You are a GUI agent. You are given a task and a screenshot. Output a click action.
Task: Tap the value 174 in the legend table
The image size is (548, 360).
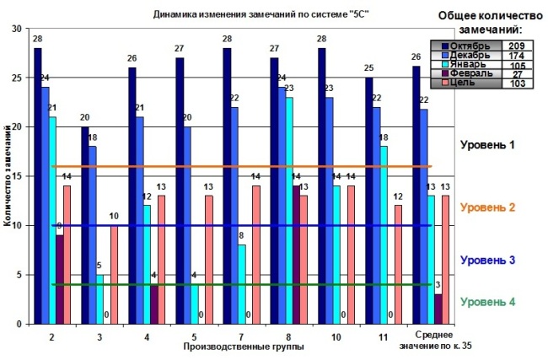point(516,55)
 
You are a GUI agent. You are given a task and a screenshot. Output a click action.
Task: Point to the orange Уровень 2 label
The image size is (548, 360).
point(488,207)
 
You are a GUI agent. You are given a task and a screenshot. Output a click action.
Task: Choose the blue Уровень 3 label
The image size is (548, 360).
point(488,261)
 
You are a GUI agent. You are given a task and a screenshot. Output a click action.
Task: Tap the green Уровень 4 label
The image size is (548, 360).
point(488,301)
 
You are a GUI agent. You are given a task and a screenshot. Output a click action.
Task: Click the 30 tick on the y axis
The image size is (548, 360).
point(16,28)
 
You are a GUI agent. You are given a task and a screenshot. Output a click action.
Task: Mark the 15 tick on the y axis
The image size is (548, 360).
point(16,175)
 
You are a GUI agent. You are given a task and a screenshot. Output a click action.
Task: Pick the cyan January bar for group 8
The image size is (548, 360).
point(288,211)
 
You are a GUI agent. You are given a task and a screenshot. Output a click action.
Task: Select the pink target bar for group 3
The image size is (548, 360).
point(114,275)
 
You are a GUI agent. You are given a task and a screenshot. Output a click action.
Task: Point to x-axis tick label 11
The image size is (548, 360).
point(383,336)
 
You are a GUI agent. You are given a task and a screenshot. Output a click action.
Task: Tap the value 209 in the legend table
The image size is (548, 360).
point(516,45)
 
